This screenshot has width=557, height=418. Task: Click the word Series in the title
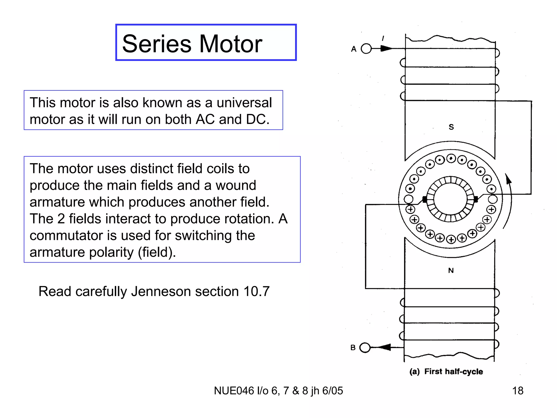157,44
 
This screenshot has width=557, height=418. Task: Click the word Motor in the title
231,44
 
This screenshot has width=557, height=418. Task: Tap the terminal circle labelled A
366,49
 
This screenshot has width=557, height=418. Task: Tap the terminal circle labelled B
365,348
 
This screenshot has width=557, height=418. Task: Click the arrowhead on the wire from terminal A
386,49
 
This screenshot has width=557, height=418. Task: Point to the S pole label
451,127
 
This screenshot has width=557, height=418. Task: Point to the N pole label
451,271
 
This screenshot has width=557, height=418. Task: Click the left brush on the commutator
425,199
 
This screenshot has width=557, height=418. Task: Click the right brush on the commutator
476,199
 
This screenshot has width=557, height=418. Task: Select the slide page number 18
518,391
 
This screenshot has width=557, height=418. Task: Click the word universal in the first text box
244,103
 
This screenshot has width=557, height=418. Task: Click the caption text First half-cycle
453,371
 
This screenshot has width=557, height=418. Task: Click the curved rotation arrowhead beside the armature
508,179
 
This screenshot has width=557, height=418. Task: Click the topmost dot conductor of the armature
451,158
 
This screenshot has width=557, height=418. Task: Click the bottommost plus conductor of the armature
451,239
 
